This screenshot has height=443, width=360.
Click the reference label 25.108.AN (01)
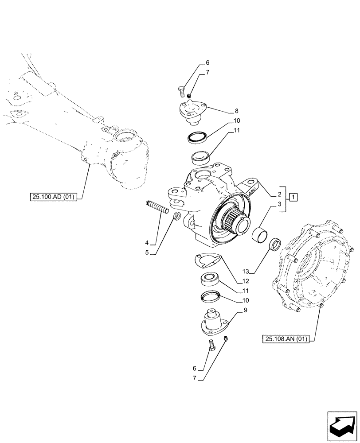pos(287,339)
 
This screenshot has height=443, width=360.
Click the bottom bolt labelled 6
pos(211,344)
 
